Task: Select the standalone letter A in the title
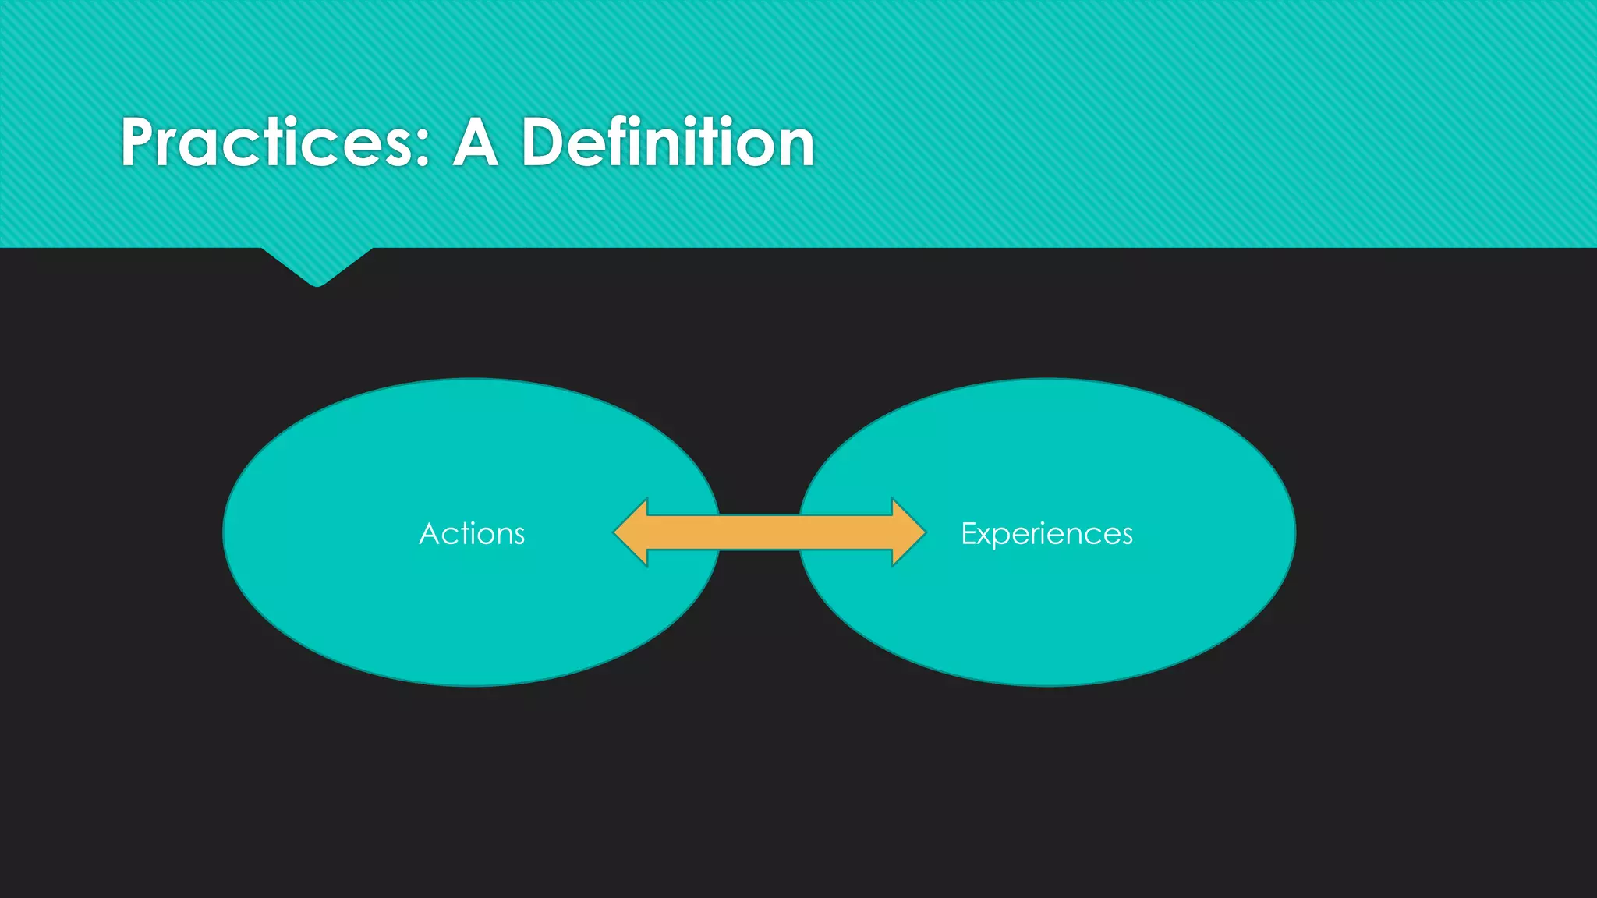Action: (x=475, y=143)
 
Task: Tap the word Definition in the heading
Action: (x=667, y=143)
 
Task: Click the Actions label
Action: (x=472, y=534)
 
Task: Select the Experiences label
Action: (x=1046, y=534)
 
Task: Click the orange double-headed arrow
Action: (x=770, y=532)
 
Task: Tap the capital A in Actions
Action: (x=430, y=534)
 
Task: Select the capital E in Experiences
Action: (x=969, y=533)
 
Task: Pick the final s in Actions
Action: (x=518, y=536)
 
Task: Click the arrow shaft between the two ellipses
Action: (x=760, y=532)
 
